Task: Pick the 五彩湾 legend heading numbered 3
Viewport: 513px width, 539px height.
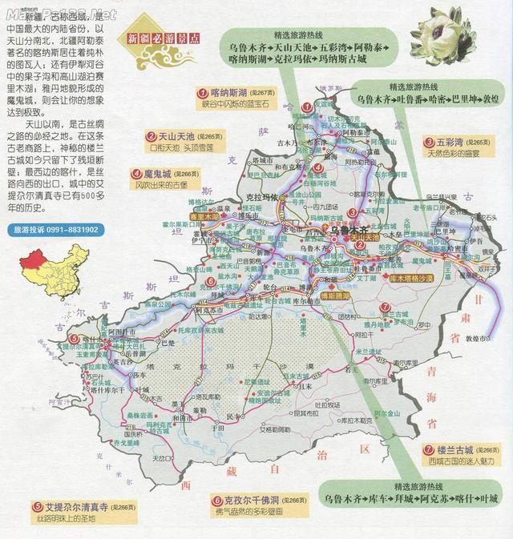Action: pyautogui.click(x=455, y=142)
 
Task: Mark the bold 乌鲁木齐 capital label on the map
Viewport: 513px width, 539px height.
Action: pyautogui.click(x=347, y=229)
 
